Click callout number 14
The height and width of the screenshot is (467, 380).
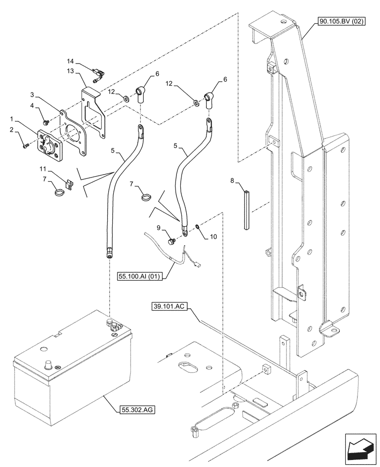(x=70, y=61)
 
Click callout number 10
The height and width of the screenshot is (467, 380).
(x=213, y=237)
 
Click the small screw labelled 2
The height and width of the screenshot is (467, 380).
(x=25, y=146)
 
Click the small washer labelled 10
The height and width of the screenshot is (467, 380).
(x=197, y=227)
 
